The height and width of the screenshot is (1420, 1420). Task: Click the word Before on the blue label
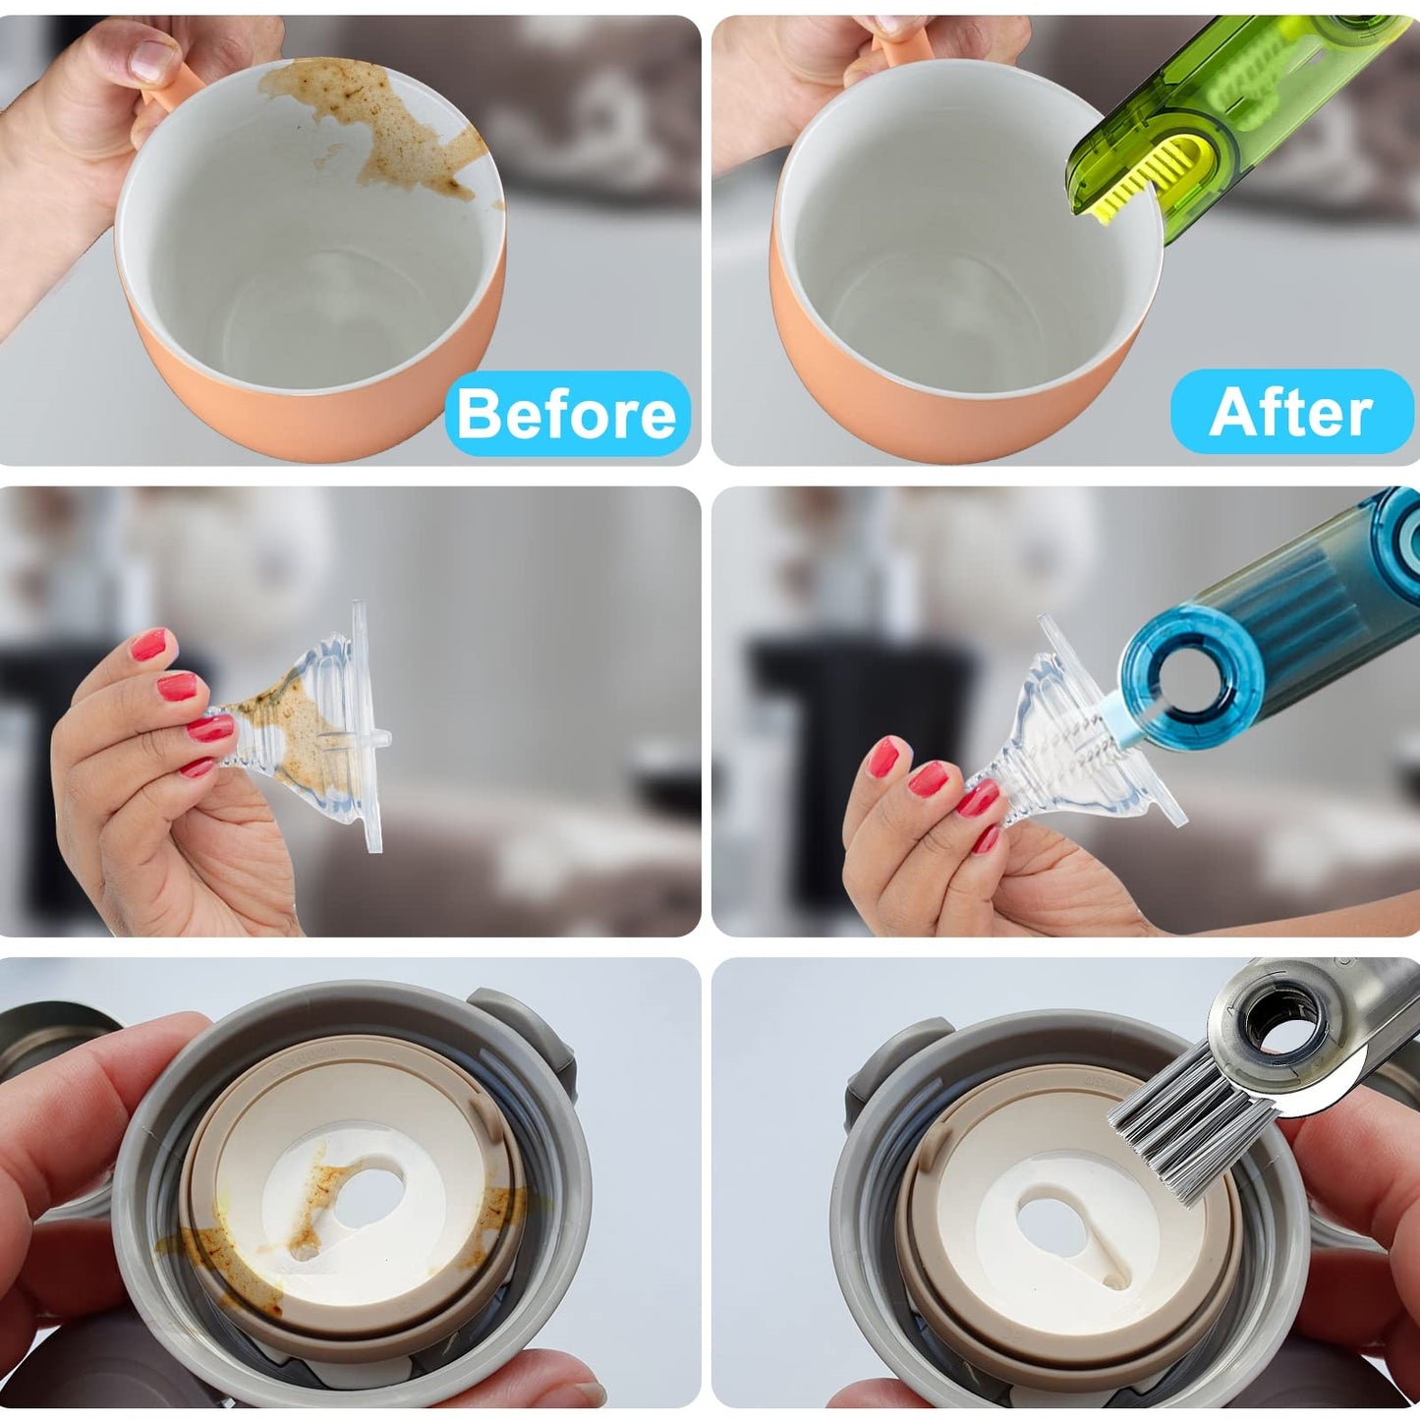click(567, 414)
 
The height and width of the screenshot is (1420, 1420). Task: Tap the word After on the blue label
click(1290, 412)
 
